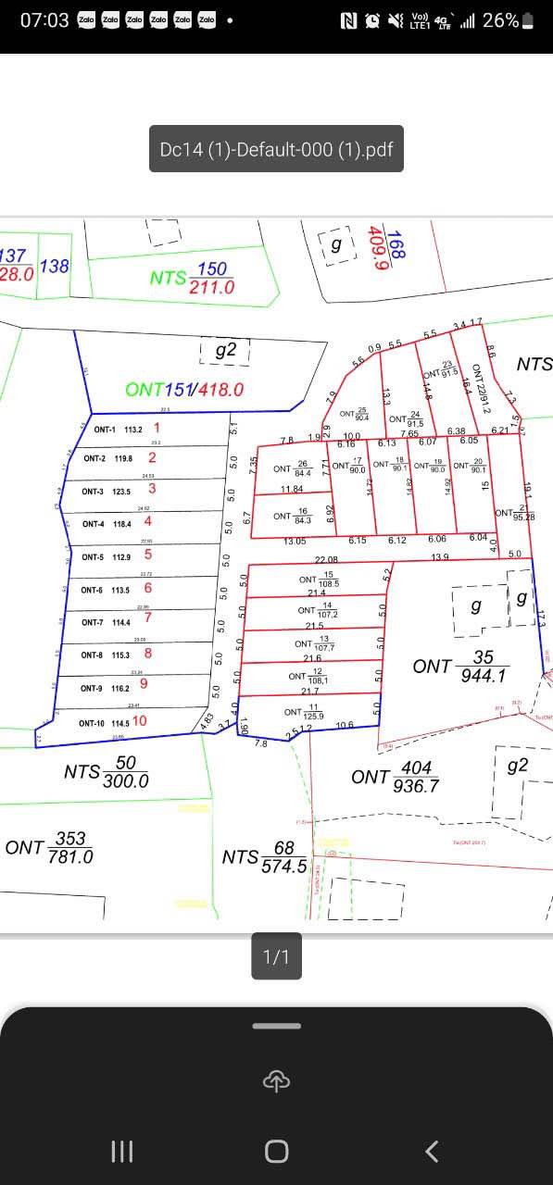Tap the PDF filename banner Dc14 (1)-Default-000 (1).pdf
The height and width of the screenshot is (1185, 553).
coord(276,149)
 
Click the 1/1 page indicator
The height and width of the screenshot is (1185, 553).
coord(276,956)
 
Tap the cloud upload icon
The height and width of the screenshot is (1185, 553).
coord(276,1079)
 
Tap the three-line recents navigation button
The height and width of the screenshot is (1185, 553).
coord(121,1151)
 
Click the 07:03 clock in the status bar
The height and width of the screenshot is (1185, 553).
coord(44,19)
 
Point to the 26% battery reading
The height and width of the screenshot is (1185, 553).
coord(500,19)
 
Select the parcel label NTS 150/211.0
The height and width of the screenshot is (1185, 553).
coord(193,278)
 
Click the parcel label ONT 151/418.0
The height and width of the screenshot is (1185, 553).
coord(184,390)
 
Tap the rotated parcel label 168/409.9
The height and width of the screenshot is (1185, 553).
coord(388,248)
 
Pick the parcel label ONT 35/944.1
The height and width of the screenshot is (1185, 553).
coord(460,666)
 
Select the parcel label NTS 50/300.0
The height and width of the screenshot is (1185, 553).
coord(107,772)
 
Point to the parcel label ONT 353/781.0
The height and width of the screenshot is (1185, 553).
coord(50,847)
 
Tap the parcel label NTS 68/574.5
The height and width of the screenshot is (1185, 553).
coord(265,857)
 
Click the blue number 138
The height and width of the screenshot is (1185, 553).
coord(55,267)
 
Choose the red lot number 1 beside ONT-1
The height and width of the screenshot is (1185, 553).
coord(157,428)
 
